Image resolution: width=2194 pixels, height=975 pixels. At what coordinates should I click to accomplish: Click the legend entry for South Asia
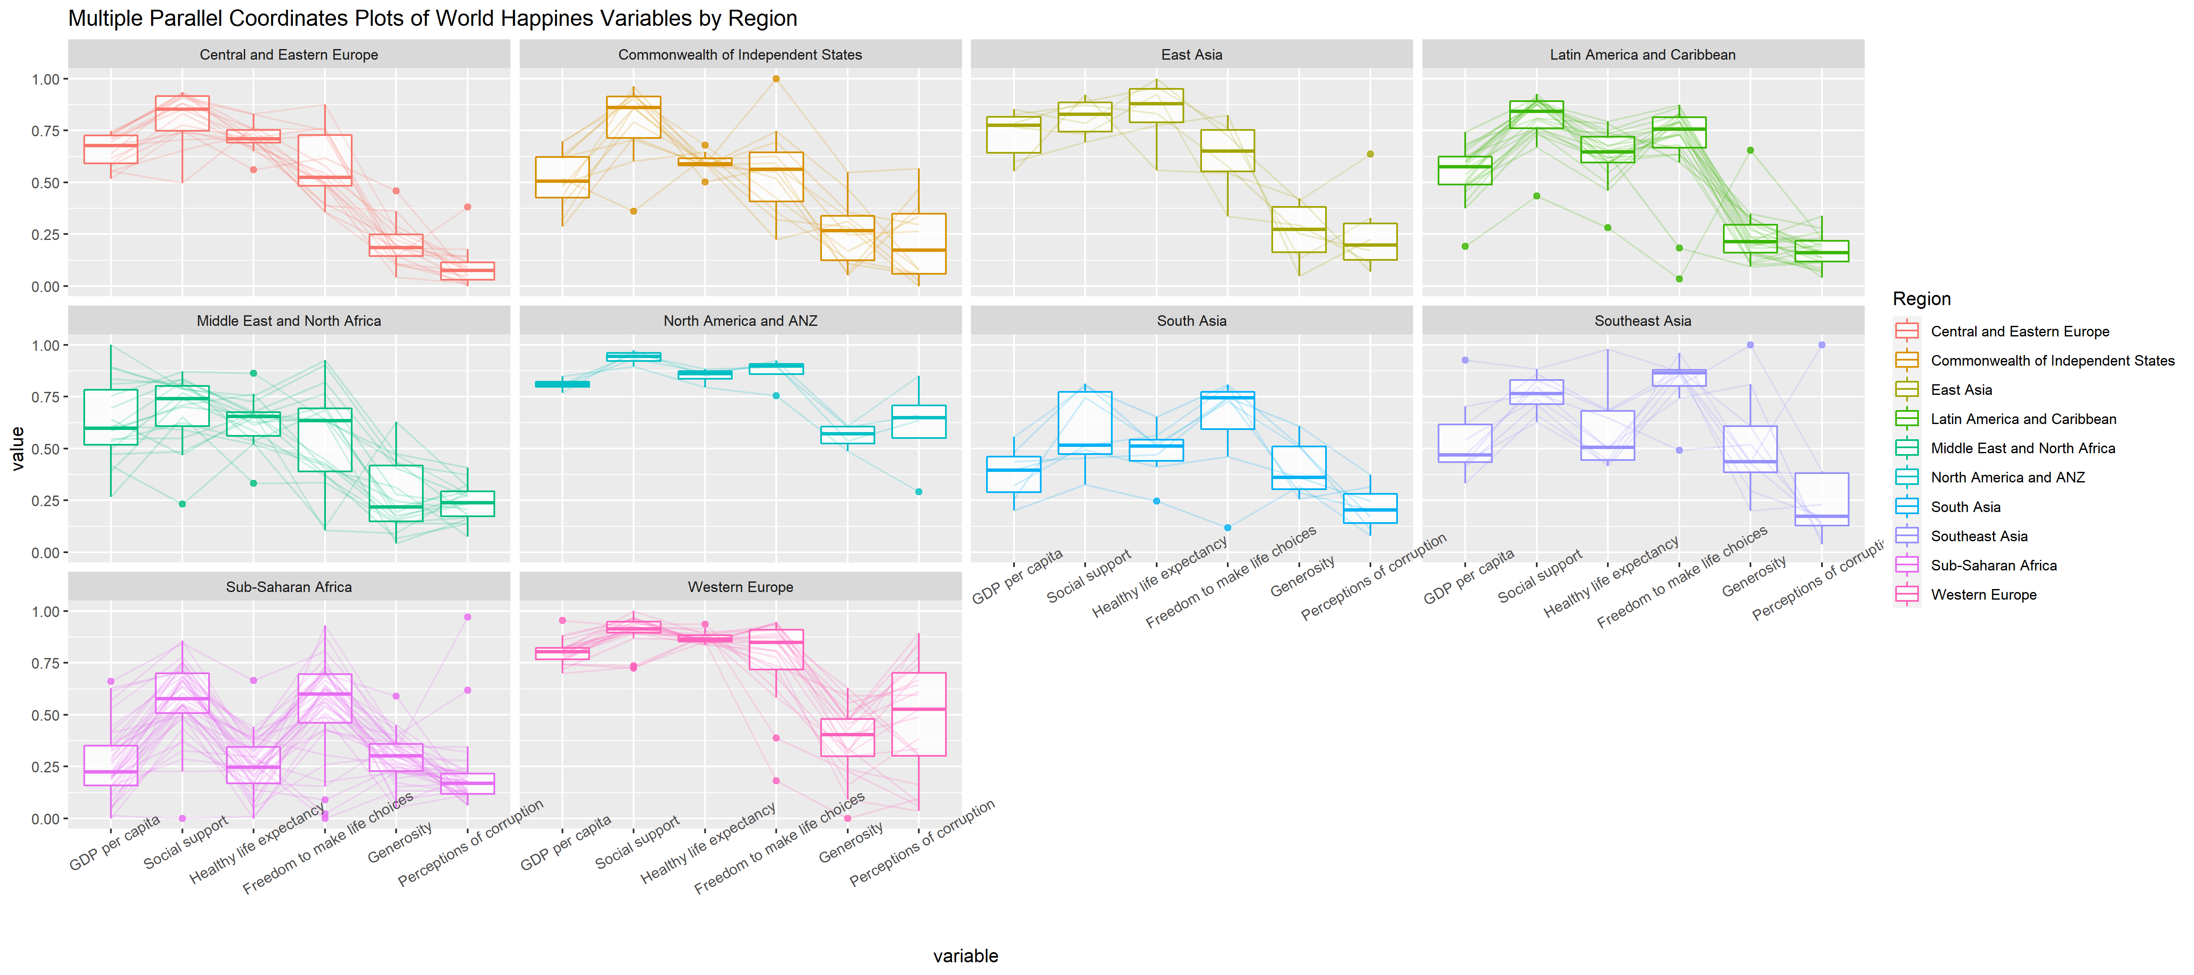pyautogui.click(x=1965, y=507)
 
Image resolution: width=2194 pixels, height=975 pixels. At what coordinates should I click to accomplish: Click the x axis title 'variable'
pyautogui.click(x=965, y=956)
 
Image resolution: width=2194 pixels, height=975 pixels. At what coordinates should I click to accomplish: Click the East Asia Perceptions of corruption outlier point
pyautogui.click(x=1370, y=154)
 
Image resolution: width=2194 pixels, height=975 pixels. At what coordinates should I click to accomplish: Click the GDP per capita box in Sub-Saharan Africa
pyautogui.click(x=111, y=766)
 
